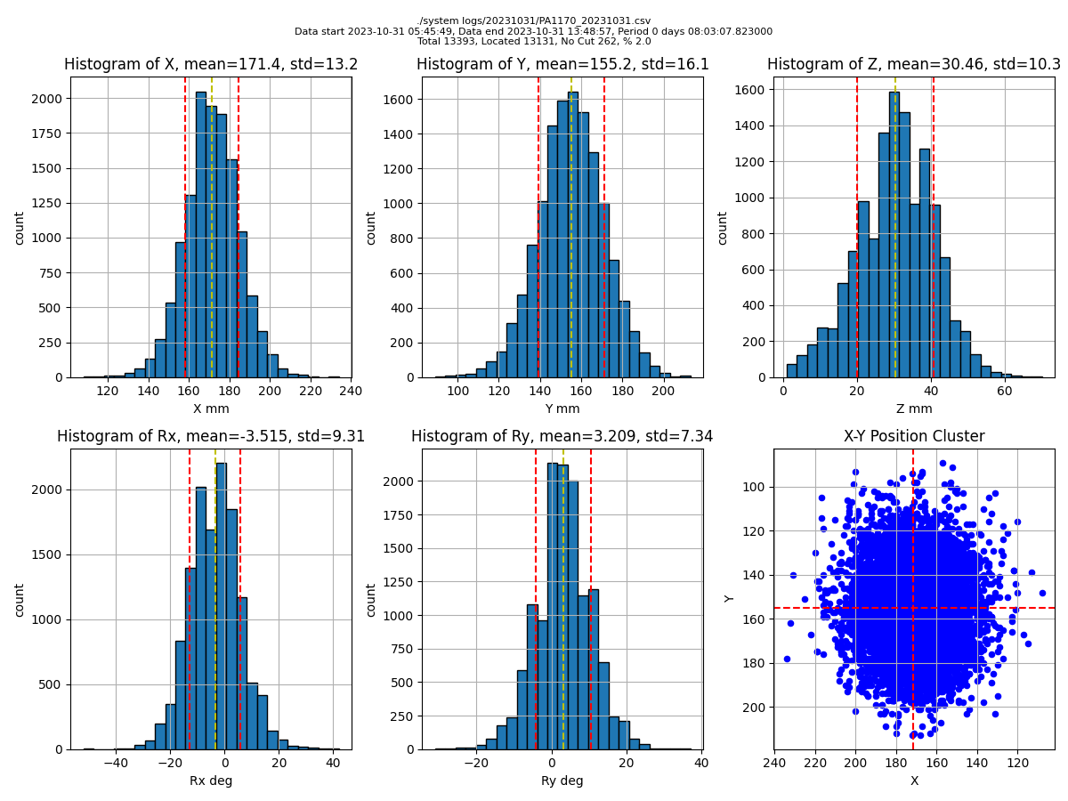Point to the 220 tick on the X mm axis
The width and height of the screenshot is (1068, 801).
pos(310,391)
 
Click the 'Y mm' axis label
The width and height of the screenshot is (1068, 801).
pos(562,409)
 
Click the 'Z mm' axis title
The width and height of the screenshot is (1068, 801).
pos(914,409)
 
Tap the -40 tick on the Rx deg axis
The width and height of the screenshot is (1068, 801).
pos(116,763)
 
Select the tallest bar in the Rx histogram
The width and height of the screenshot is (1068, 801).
pos(221,605)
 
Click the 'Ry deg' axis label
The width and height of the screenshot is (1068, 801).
pos(562,781)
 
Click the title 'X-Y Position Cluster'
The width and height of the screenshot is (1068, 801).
pos(914,436)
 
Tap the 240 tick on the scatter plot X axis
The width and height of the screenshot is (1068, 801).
pos(774,763)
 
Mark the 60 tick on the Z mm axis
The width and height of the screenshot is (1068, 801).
pos(1004,391)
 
